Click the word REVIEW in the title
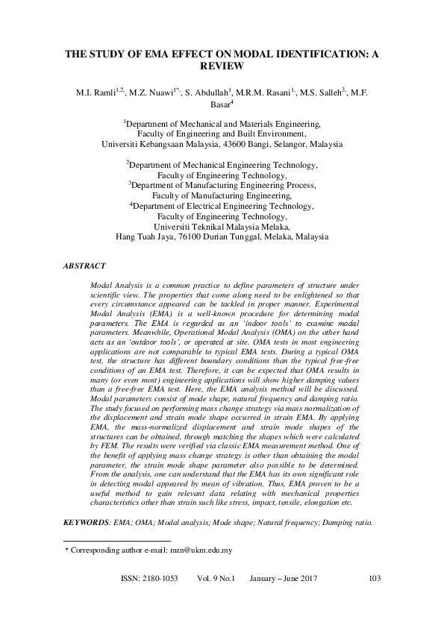(x=222, y=66)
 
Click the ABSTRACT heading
(x=84, y=266)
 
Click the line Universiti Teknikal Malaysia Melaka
(x=222, y=227)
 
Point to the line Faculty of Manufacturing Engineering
(x=222, y=195)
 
